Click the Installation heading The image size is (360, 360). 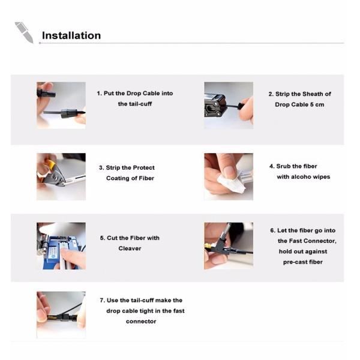pyautogui.click(x=71, y=35)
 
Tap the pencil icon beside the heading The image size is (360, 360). pyautogui.click(x=25, y=32)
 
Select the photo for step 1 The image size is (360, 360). pyautogui.click(x=61, y=105)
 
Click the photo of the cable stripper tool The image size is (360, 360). pyautogui.click(x=229, y=105)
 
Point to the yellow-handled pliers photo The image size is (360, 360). pyautogui.click(x=61, y=176)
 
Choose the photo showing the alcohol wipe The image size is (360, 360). pyautogui.click(x=229, y=176)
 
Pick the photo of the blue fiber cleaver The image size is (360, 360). pyautogui.click(x=61, y=246)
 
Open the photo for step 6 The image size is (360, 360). pyautogui.click(x=229, y=246)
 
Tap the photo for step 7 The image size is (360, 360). pyautogui.click(x=61, y=315)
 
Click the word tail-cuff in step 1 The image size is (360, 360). pyautogui.click(x=140, y=104)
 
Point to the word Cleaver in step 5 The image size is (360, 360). pyautogui.click(x=130, y=248)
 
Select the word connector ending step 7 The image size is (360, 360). pyautogui.click(x=141, y=321)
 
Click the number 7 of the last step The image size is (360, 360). pyautogui.click(x=102, y=301)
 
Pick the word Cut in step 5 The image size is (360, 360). pyautogui.click(x=112, y=238)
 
